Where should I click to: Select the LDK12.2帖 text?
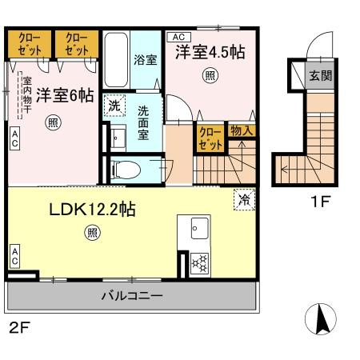pyautogui.click(x=93, y=210)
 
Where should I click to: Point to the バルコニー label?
pyautogui.click(x=132, y=295)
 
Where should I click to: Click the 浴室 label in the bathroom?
pyautogui.click(x=146, y=60)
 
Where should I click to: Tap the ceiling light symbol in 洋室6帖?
pyautogui.click(x=52, y=122)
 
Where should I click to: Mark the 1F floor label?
pyautogui.click(x=321, y=203)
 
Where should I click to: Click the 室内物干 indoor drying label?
pyautogui.click(x=26, y=95)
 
